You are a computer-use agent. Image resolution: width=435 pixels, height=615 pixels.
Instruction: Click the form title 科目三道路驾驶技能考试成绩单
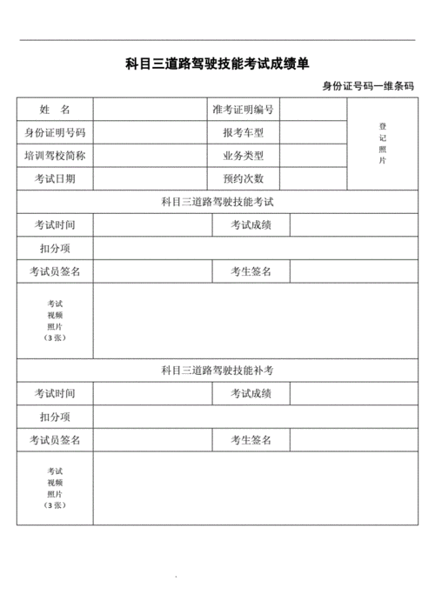pos(217,64)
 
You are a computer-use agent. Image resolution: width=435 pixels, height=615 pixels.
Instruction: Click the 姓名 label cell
pos(55,110)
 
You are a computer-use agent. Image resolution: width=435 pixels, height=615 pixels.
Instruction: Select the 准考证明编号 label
pos(244,110)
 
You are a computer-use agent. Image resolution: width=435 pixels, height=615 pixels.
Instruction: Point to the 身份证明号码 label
pos(55,133)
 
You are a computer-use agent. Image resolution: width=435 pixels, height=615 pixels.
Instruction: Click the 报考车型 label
pos(244,133)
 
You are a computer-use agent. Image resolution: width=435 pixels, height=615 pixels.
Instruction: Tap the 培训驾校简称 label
pos(55,157)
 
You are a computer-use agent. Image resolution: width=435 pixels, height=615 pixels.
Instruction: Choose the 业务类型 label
pos(244,157)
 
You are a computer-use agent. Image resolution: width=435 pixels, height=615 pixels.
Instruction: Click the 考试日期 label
pos(55,179)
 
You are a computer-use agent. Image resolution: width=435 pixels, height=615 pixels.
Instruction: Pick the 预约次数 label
pos(244,179)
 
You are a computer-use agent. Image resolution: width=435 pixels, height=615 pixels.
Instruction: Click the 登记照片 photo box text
pos(382,144)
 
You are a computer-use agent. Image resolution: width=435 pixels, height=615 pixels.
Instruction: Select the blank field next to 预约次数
pos(314,179)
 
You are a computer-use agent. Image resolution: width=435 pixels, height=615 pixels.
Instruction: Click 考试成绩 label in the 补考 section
pos(251,394)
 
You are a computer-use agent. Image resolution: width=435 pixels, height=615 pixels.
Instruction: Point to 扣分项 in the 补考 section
pos(55,418)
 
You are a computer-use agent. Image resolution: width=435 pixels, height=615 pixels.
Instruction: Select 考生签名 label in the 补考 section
pos(251,440)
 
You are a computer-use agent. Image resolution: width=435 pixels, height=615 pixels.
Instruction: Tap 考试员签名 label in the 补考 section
pos(55,440)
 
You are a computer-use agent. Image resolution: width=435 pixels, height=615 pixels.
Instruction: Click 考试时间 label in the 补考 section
pos(55,394)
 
